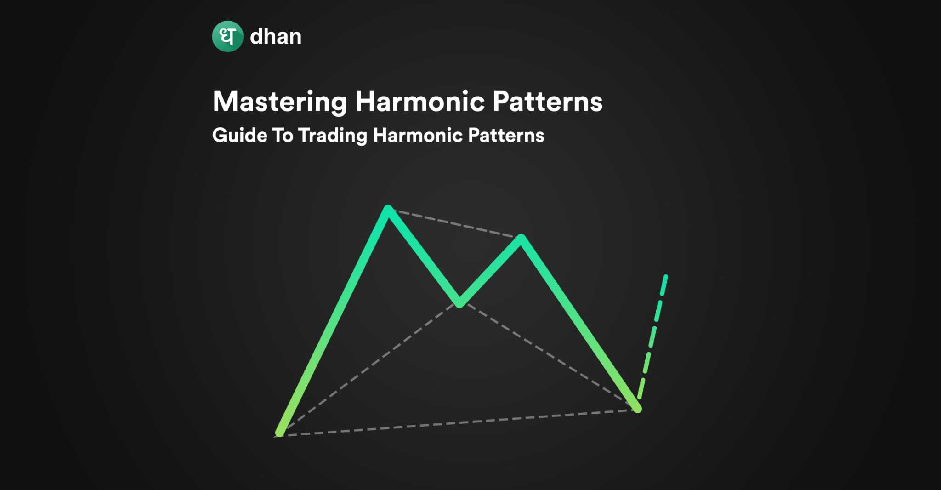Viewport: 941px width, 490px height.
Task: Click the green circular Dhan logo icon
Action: pos(227,36)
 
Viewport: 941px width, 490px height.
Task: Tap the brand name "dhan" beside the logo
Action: pos(276,36)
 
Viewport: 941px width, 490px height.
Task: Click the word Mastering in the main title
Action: pos(280,103)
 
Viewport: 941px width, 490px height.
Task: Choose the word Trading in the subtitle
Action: pos(333,136)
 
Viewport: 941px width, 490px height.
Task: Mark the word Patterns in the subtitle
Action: pos(506,135)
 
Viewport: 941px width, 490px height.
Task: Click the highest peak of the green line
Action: pos(388,210)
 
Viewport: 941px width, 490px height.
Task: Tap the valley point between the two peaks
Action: pos(459,303)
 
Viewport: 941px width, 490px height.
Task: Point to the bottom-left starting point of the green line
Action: pos(279,432)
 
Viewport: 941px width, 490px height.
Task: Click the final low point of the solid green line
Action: pos(637,408)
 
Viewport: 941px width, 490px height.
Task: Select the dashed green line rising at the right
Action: pos(653,336)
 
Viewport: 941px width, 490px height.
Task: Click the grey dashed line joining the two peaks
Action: pos(455,224)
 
